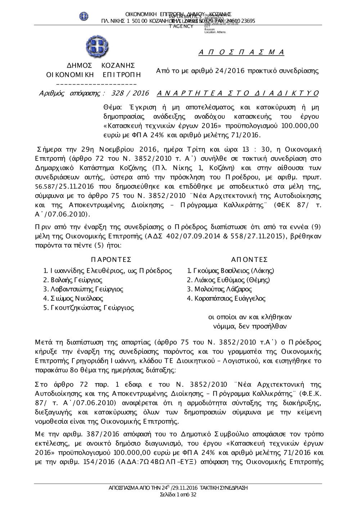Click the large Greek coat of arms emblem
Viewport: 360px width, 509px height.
click(97, 47)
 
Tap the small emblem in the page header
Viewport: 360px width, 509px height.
click(84, 16)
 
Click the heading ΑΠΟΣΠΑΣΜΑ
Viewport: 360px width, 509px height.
click(242, 53)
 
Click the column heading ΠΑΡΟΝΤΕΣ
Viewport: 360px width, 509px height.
click(111, 260)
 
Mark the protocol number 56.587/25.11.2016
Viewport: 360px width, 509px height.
click(59, 187)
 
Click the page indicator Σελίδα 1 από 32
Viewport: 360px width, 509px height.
click(178, 495)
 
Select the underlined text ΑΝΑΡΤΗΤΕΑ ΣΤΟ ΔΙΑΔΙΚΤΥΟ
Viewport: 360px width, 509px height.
click(238, 94)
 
